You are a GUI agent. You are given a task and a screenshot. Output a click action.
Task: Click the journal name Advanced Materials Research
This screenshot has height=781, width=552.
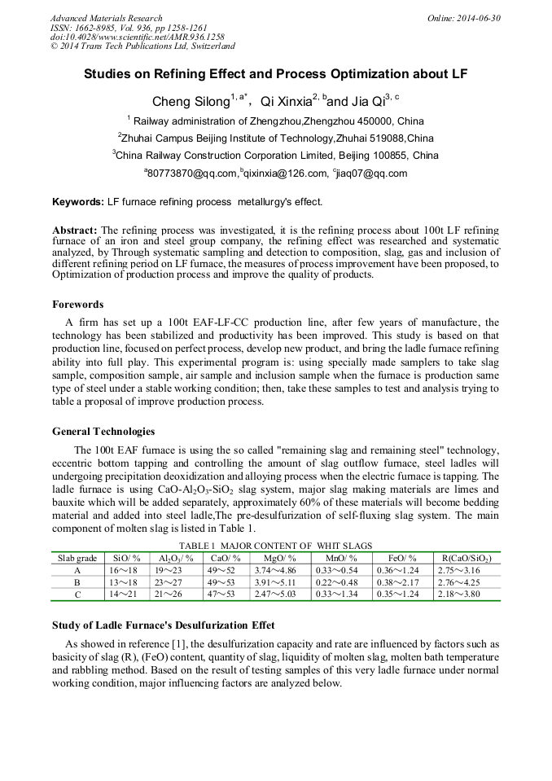coord(106,18)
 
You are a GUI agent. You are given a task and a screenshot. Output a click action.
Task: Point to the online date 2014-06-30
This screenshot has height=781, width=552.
coord(480,18)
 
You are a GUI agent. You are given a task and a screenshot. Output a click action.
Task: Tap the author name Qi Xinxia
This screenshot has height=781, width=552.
coord(286,102)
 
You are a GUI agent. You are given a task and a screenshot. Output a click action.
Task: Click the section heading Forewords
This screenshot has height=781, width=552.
coord(78,305)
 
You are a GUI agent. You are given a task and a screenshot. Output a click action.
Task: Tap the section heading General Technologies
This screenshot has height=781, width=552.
coord(103,431)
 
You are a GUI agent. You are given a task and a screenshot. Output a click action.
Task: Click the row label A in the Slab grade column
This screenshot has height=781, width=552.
coord(77,570)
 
